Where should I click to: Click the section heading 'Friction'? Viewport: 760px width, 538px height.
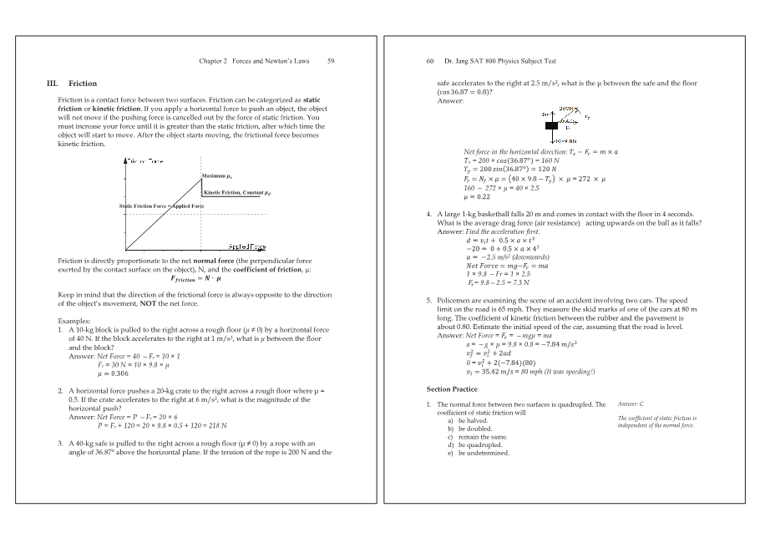click(x=83, y=84)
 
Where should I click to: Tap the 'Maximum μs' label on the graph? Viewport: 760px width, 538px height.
click(x=215, y=175)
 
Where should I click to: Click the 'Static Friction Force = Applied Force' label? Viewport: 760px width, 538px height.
click(x=161, y=206)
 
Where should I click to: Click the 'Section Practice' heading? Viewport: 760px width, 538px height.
click(x=452, y=389)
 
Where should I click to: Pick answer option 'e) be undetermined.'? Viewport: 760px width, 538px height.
click(x=479, y=453)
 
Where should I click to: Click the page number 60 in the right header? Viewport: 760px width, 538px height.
click(x=430, y=61)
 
